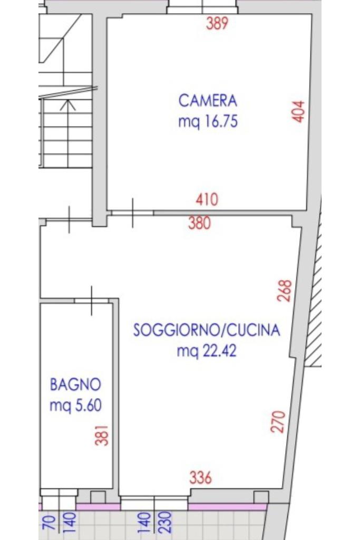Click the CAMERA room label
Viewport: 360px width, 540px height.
208,101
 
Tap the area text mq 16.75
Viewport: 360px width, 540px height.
208,122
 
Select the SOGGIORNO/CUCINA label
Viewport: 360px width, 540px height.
207,330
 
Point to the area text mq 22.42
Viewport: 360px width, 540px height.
207,351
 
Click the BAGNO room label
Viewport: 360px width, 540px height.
76,384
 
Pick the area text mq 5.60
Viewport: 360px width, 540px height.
76,406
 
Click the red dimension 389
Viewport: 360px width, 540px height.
217,23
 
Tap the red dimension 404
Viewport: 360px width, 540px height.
298,111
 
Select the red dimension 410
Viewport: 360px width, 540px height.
207,199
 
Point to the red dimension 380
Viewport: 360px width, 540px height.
199,223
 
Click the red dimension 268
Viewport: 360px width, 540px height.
285,291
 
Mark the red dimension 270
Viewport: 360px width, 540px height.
278,421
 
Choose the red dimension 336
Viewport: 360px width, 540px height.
201,478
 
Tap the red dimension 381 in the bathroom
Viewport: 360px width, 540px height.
102,436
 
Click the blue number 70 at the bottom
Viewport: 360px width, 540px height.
50,523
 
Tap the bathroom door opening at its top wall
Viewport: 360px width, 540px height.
92,301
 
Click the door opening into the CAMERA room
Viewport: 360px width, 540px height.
133,213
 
